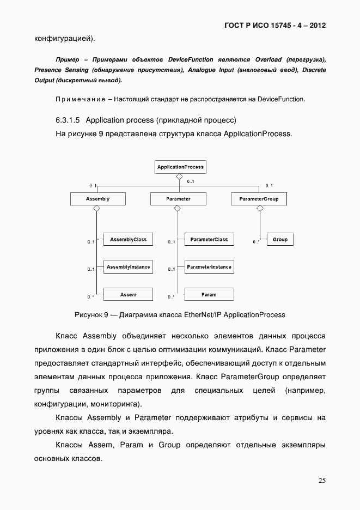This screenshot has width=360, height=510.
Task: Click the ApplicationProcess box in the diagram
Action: point(180,167)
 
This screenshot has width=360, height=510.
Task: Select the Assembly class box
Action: point(98,199)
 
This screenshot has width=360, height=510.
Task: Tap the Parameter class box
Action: point(178,199)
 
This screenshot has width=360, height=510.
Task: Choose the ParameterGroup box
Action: point(259,199)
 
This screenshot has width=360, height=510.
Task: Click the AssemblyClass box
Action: point(128,239)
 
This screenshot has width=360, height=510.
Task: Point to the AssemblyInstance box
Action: point(128,267)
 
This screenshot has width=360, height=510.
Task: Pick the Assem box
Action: point(128,295)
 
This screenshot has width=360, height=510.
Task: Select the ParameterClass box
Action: point(209,239)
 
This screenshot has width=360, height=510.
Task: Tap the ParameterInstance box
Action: point(209,267)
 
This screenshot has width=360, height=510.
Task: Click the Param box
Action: point(209,295)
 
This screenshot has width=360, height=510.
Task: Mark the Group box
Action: point(280,239)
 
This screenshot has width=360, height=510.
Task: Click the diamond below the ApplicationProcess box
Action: point(178,177)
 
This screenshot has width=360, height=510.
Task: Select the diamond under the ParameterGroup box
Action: point(259,208)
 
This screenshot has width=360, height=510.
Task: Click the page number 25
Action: point(322,480)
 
